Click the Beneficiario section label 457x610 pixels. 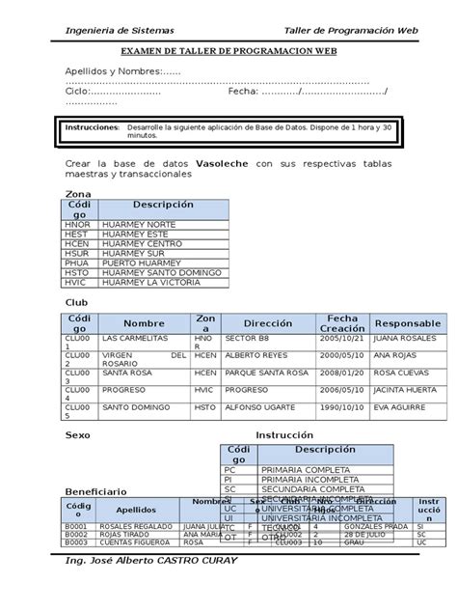(95, 491)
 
